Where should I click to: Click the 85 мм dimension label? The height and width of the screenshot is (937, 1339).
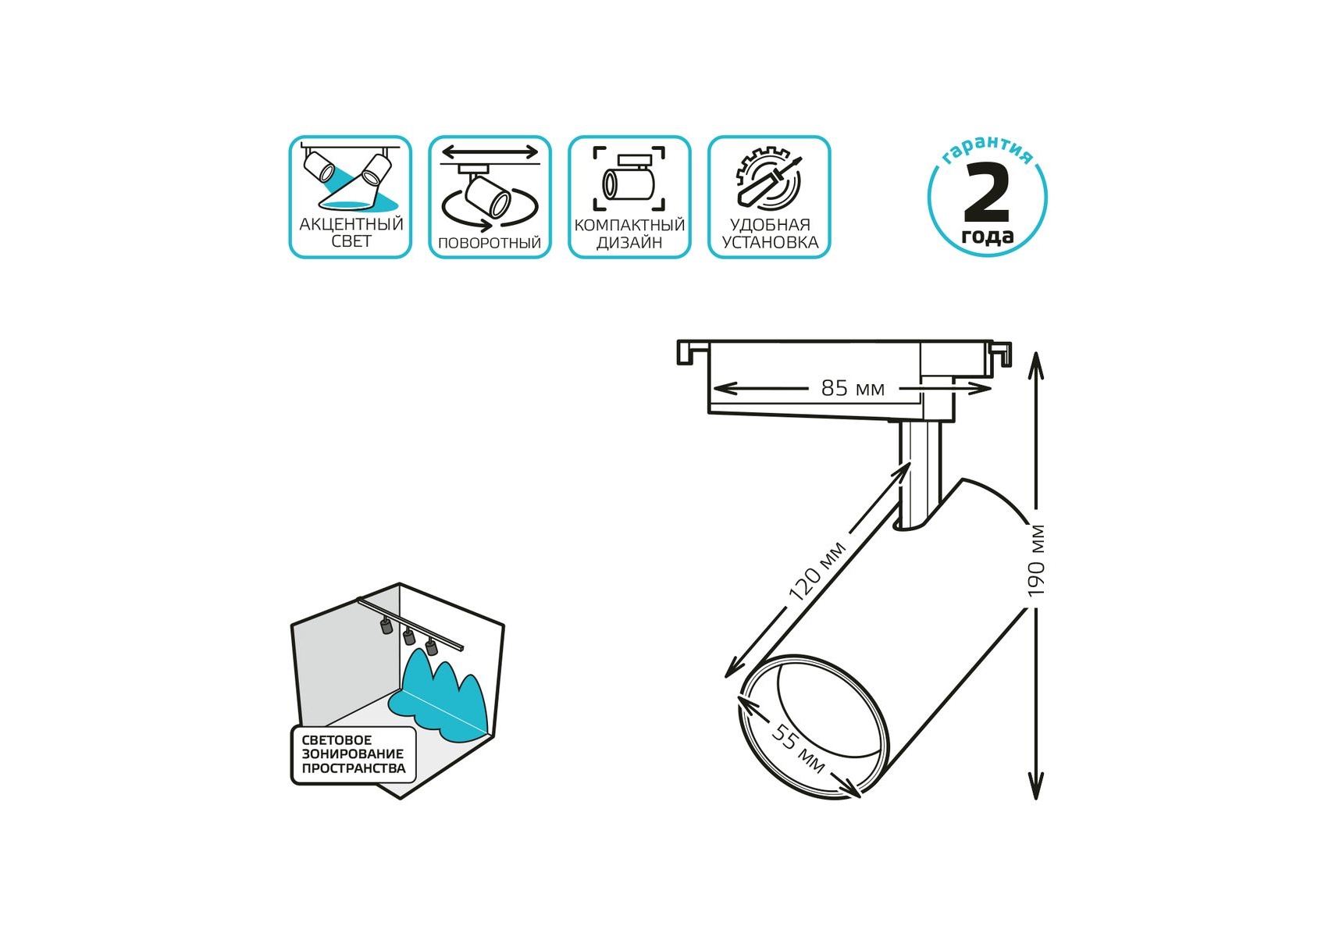[853, 388]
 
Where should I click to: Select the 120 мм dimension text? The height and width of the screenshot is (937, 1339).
[817, 571]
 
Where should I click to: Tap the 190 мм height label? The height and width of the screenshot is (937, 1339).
[1036, 561]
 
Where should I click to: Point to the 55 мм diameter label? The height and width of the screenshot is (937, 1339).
[798, 748]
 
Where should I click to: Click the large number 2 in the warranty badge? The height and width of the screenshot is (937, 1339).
[988, 193]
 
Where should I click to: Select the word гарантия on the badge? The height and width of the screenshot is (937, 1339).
[988, 149]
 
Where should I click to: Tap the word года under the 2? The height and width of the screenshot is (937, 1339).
[988, 236]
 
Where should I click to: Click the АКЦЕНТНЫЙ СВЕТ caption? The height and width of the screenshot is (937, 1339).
[351, 233]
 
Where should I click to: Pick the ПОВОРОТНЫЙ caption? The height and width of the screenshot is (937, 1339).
[490, 243]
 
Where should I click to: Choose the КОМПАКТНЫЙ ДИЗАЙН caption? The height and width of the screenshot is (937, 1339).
[629, 233]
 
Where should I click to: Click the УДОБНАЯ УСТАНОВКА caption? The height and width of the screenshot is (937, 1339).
[770, 233]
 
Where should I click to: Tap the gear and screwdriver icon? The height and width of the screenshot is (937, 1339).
[769, 179]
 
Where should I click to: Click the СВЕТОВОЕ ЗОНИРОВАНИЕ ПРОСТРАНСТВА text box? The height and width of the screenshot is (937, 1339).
[354, 754]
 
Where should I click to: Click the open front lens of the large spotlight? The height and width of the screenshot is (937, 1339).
[814, 727]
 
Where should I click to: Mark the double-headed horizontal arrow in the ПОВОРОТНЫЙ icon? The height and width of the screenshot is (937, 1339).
[490, 151]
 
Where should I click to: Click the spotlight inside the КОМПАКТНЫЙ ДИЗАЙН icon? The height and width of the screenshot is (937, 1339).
[629, 179]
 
